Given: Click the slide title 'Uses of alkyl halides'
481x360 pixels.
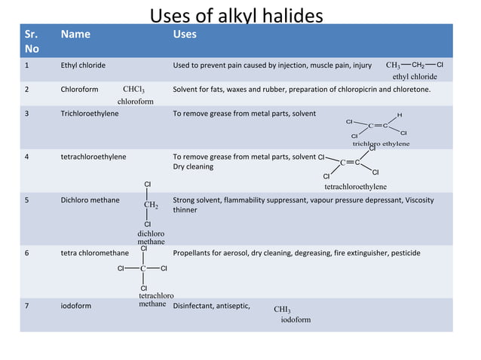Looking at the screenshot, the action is [x=236, y=15].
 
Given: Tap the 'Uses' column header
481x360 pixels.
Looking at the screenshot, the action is [x=185, y=34].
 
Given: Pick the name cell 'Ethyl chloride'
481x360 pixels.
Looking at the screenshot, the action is [x=83, y=66].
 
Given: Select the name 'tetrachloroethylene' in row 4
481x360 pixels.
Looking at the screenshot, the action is [x=93, y=157].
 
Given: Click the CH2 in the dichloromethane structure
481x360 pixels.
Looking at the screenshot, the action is [x=150, y=204].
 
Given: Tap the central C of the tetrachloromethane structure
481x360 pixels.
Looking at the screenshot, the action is [x=142, y=268].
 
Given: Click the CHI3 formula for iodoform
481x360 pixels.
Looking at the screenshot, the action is [x=282, y=309].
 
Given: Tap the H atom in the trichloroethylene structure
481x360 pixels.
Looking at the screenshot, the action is [x=399, y=114].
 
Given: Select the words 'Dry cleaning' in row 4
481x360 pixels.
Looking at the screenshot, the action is [x=193, y=166].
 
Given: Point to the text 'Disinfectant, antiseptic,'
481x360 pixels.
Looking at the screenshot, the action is [x=212, y=307].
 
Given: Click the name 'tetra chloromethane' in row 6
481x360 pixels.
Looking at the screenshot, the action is [x=94, y=253].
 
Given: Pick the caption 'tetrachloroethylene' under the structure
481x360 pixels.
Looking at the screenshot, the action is [x=356, y=186].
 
